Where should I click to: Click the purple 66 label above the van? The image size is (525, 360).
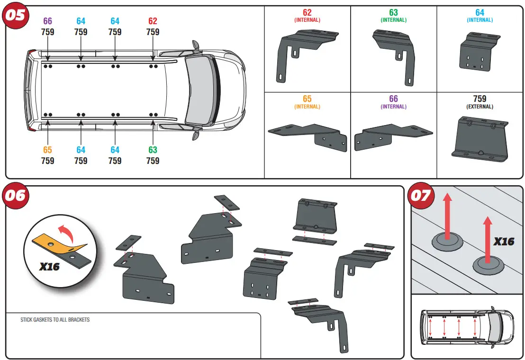coord(47,21)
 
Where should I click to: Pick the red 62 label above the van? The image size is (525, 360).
coord(153,21)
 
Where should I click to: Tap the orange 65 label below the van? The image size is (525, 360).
coord(47,150)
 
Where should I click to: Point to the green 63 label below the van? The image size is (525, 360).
coord(153,150)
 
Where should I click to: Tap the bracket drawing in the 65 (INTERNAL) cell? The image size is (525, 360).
coord(308,135)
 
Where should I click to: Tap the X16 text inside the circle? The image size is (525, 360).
coord(49,267)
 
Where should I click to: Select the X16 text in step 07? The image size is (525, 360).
coord(503,242)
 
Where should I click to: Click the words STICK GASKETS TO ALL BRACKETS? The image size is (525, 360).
coord(55,320)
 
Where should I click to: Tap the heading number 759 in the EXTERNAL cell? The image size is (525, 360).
coord(480,99)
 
